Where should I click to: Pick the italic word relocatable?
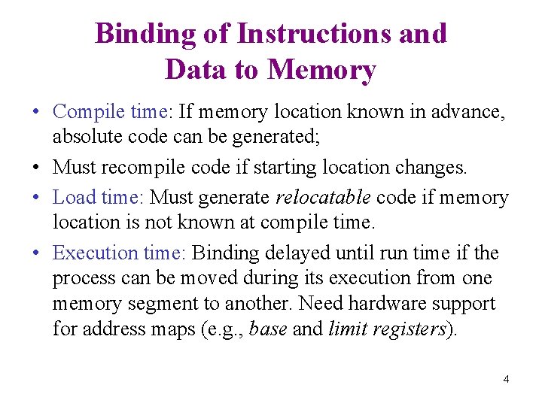pyautogui.click(x=323, y=198)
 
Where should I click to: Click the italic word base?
pyautogui.click(x=267, y=329)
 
